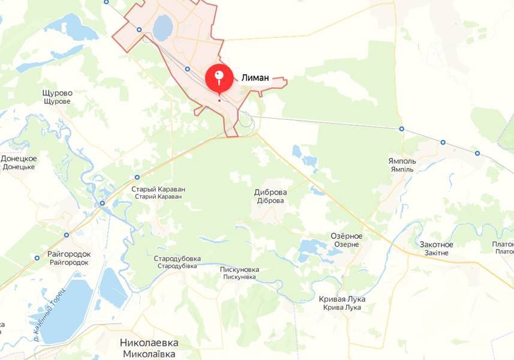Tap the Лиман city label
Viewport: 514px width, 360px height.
[x=255, y=77]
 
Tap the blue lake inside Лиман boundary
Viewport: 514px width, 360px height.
[x=163, y=28]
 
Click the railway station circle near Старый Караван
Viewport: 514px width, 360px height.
[x=137, y=177]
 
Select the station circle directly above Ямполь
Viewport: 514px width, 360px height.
[x=401, y=129]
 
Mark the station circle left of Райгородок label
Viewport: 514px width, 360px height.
[x=37, y=258]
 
